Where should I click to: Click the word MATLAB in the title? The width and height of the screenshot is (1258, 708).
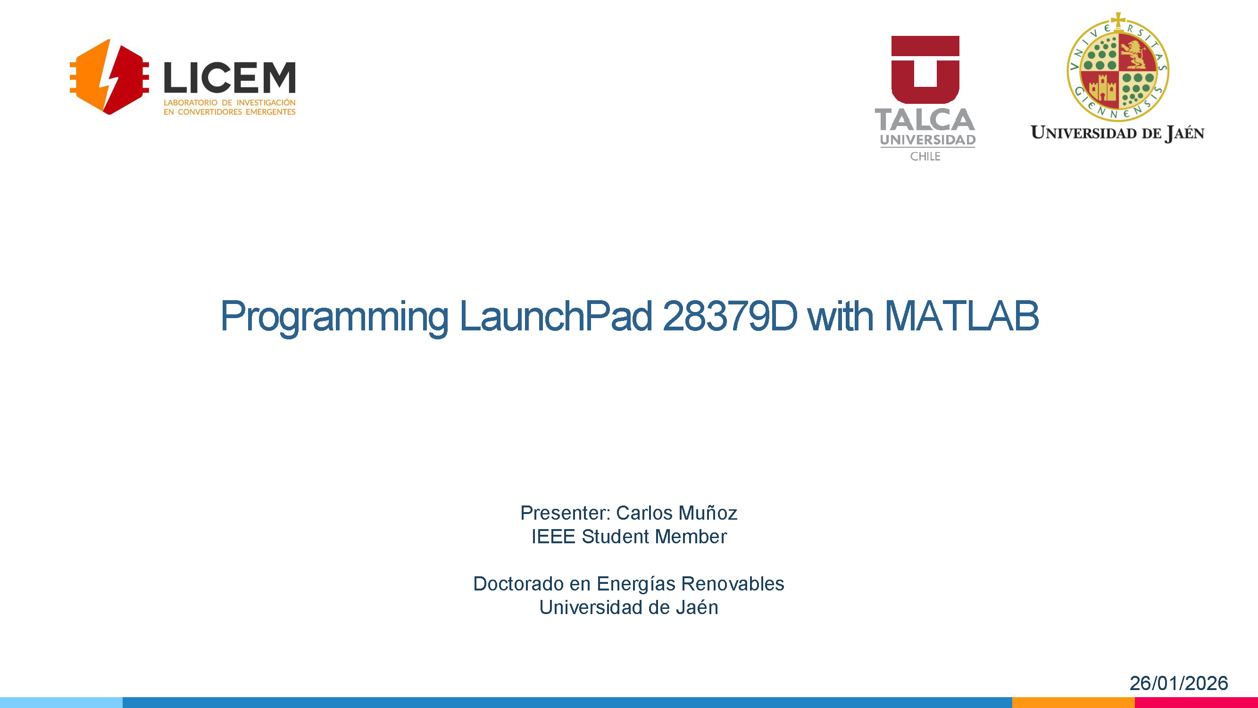[962, 316]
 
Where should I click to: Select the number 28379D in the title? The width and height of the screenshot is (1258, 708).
[730, 316]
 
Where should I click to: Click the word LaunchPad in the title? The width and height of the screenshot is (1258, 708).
[556, 316]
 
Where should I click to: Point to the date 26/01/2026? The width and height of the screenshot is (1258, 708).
[1178, 683]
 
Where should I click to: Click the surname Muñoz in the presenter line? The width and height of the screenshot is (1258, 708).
[708, 513]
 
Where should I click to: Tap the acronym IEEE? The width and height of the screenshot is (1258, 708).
[554, 537]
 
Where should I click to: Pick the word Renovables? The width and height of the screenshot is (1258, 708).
[733, 584]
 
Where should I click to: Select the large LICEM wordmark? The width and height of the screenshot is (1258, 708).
[230, 78]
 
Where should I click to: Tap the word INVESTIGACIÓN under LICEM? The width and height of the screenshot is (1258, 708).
[266, 102]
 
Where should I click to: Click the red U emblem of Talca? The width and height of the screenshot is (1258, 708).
[925, 69]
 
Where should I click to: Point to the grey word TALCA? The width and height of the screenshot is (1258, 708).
[925, 120]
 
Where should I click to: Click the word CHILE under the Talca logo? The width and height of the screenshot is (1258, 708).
[925, 156]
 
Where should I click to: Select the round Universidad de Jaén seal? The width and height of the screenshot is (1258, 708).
[1118, 68]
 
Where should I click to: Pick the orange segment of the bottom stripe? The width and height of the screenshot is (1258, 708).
[1074, 703]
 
